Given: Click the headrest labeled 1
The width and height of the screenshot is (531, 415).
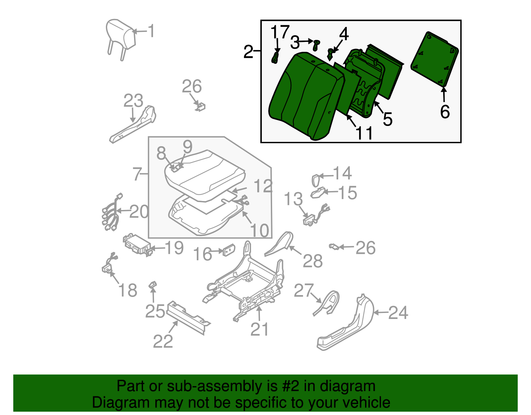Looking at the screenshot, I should (121, 33).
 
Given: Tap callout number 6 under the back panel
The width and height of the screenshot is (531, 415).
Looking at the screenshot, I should (445, 112).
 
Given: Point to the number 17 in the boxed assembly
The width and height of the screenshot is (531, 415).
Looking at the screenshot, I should (280, 32).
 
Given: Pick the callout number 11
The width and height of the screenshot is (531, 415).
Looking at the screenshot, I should (364, 133).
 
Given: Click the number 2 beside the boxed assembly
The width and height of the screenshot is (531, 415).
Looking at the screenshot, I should (248, 52).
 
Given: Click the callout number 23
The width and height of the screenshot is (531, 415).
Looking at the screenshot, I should (133, 101).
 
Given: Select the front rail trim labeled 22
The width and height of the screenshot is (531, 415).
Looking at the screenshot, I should (188, 317).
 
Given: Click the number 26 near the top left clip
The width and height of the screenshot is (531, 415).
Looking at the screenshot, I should (191, 86).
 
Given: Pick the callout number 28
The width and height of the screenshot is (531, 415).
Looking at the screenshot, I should (312, 261).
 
